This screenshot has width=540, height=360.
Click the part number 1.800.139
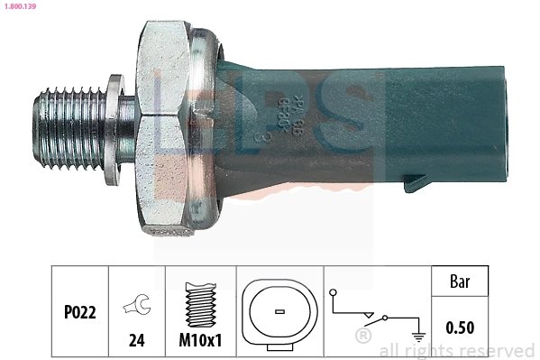point(21,6)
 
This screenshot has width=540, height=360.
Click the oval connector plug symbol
point(279,312)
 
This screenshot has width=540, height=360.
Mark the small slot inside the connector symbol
point(279,312)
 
